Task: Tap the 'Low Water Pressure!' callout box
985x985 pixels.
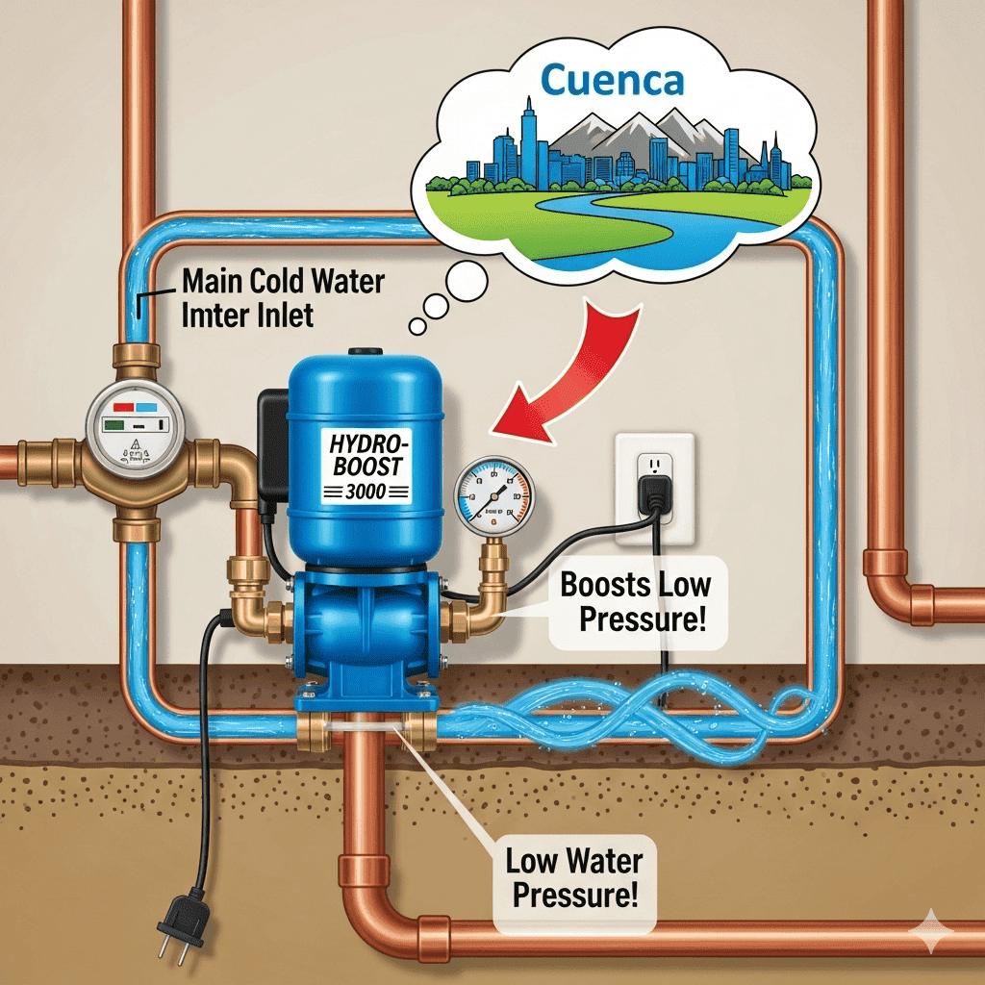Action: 575,877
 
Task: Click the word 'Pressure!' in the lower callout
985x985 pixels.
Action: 575,897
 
